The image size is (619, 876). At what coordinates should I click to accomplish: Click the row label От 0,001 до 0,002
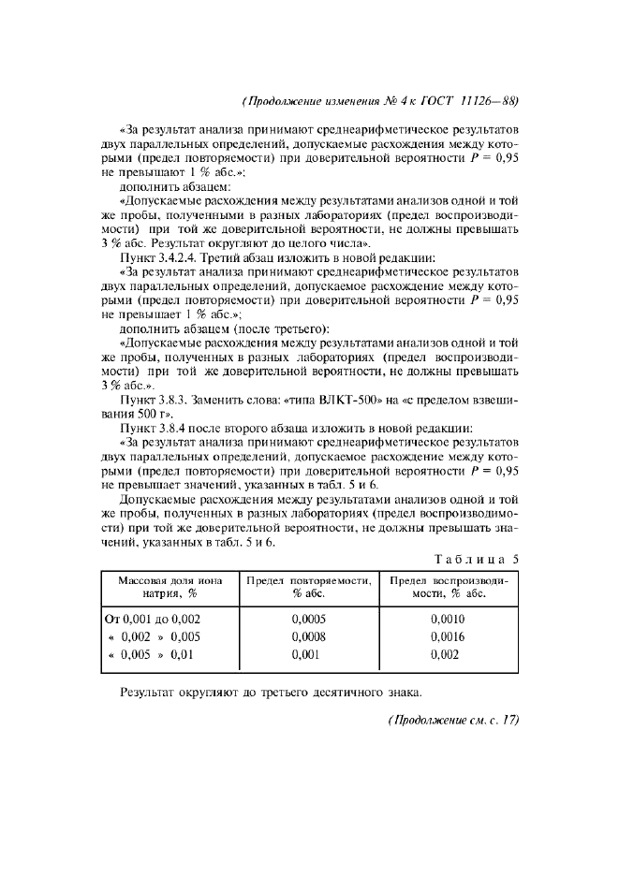(x=151, y=619)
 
